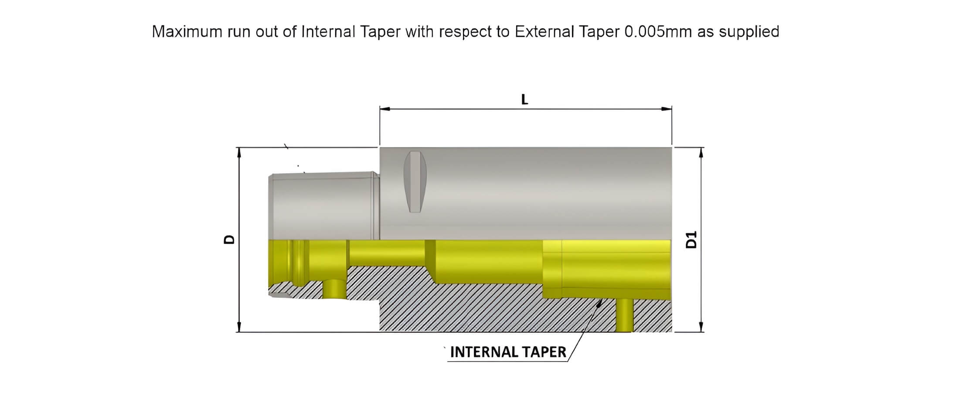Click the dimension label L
pyautogui.click(x=524, y=100)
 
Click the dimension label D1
pyautogui.click(x=691, y=239)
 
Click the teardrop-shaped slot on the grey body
pyautogui.click(x=415, y=181)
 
